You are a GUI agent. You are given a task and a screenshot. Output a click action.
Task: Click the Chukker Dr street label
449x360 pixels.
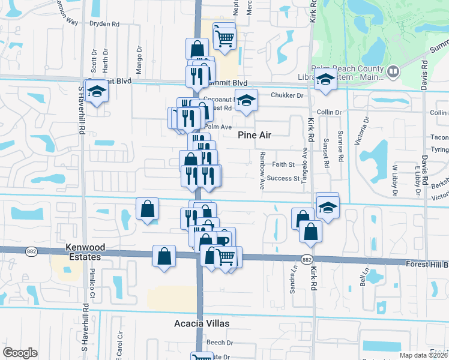click(288, 95)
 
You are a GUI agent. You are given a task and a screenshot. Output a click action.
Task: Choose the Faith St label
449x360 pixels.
click(283, 164)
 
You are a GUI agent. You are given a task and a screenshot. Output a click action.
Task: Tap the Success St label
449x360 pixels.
click(283, 178)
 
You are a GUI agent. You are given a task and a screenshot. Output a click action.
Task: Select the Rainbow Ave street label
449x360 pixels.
click(262, 170)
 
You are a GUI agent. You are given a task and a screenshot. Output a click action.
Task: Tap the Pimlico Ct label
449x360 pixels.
click(93, 288)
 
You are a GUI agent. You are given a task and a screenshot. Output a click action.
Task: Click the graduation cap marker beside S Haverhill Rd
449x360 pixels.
click(96, 92)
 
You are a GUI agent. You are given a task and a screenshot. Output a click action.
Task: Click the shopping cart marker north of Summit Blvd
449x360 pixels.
click(224, 38)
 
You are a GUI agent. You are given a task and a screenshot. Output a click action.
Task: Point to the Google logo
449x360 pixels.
click(20, 353)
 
